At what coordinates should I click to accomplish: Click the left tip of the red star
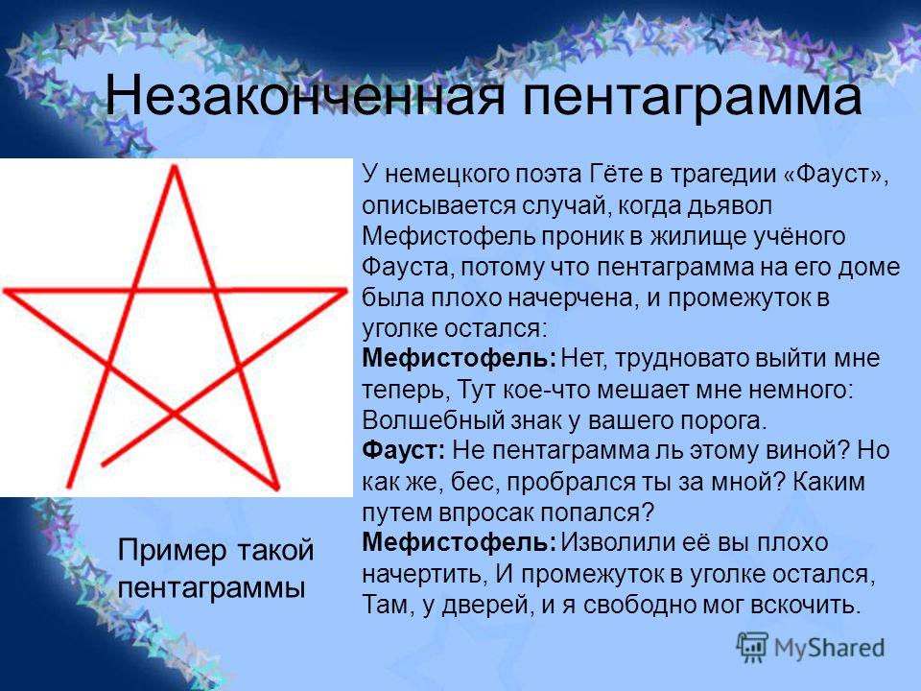(6, 290)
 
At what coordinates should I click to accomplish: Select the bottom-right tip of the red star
(276, 488)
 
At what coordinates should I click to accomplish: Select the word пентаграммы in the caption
(212, 586)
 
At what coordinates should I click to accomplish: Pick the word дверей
(499, 605)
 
